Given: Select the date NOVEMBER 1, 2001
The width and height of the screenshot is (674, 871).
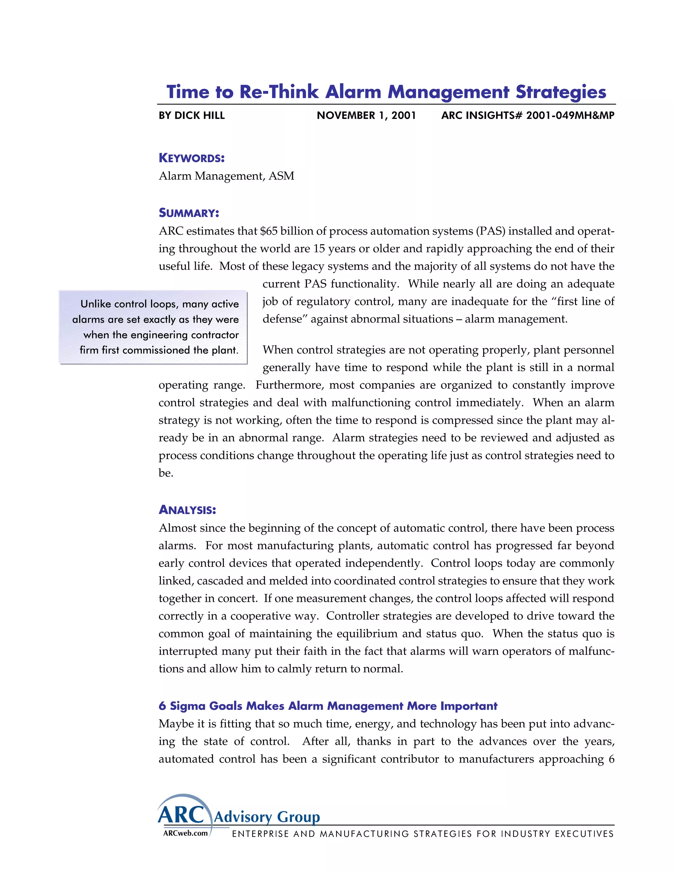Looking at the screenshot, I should [x=366, y=116].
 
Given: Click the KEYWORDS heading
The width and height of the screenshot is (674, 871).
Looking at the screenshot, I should [x=192, y=158].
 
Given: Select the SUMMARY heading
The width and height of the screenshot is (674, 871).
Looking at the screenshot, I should [x=189, y=213].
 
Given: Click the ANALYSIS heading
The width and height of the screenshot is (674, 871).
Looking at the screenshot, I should [x=187, y=510].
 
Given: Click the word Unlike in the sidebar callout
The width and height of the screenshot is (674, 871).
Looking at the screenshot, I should [x=95, y=304].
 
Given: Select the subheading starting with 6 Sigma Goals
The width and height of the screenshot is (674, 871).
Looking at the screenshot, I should [x=328, y=706].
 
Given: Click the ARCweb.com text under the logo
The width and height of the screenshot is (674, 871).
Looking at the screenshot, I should [x=185, y=833].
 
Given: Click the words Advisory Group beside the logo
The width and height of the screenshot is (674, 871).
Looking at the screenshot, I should [x=267, y=817].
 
